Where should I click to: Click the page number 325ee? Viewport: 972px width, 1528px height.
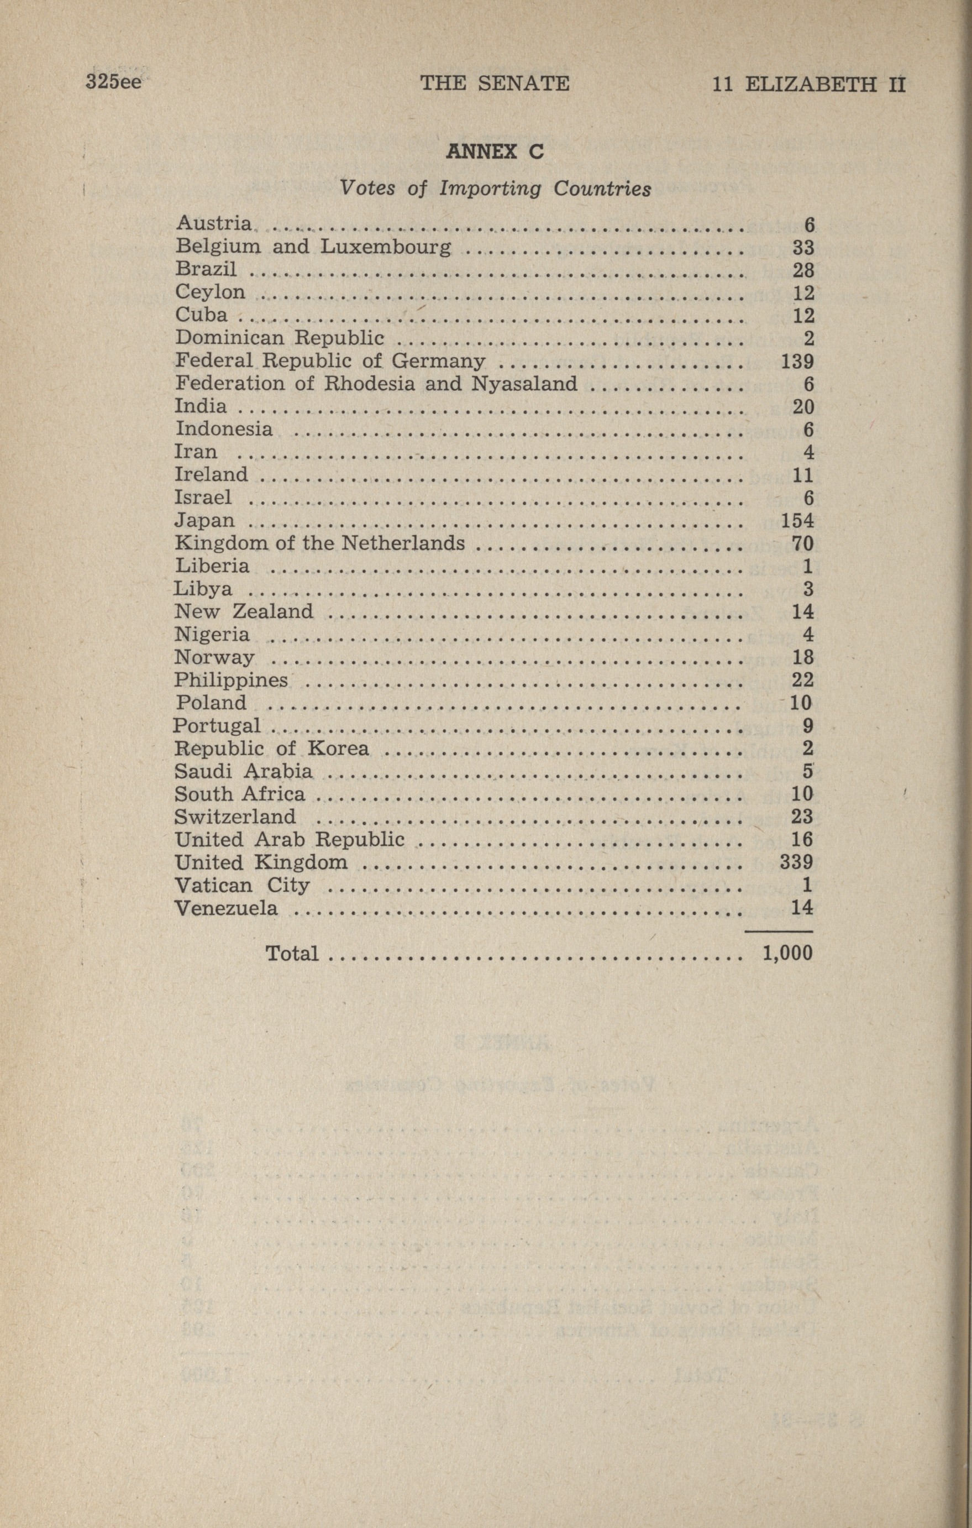[114, 82]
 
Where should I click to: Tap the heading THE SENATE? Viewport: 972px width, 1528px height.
[495, 83]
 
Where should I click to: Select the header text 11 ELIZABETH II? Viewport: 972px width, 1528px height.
[809, 85]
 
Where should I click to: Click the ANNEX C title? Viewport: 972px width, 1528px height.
[496, 152]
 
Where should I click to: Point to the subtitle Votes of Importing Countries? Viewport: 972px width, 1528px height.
[496, 189]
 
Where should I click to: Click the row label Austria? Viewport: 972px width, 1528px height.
[214, 223]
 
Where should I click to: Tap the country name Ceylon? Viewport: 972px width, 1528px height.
[210, 292]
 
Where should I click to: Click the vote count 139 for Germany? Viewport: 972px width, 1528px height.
[797, 362]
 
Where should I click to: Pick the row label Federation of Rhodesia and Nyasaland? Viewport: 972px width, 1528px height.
[376, 383]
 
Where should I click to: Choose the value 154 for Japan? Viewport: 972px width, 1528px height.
[797, 521]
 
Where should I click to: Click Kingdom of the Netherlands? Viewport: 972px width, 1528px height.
[320, 543]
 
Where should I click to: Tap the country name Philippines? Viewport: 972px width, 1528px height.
[231, 680]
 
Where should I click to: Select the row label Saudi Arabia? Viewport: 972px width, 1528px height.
[244, 771]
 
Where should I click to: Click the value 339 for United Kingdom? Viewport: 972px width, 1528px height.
[797, 862]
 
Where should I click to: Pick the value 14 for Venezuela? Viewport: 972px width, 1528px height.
[802, 908]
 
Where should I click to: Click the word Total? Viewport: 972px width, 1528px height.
[292, 953]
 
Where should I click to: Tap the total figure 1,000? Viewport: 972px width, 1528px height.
[787, 954]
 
